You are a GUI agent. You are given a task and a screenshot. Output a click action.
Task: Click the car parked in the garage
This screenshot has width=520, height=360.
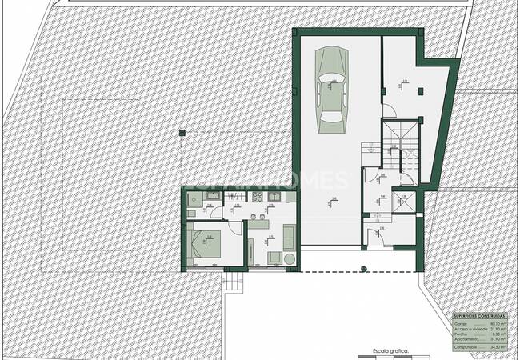330,88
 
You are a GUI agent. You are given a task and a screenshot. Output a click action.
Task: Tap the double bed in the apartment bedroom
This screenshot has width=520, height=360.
207,242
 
